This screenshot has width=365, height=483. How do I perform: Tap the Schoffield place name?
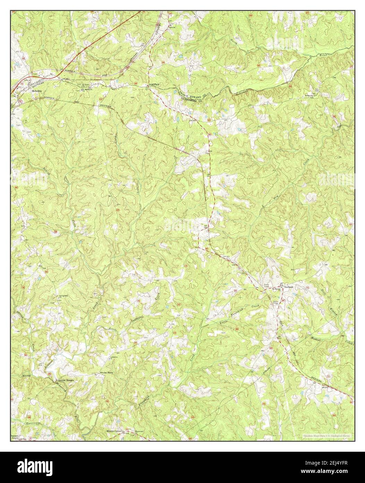tap(155, 85)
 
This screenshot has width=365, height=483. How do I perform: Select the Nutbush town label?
tap(289, 287)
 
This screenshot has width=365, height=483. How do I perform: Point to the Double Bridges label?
tap(66, 380)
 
